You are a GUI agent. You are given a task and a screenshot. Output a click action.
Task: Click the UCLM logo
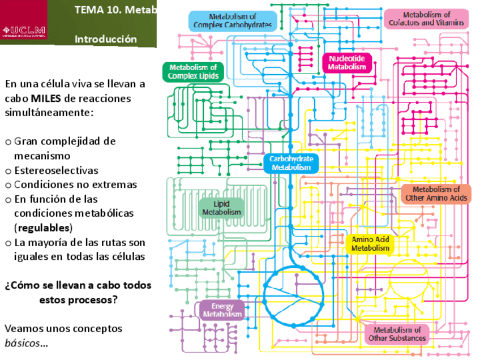pyautogui.click(x=24, y=31)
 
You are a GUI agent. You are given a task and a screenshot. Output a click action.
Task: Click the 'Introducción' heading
pyautogui.click(x=106, y=40)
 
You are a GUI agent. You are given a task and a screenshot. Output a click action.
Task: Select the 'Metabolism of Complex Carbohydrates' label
pyautogui.click(x=233, y=22)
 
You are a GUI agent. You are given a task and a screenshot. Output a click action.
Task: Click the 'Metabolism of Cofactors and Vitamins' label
pyautogui.click(x=427, y=19)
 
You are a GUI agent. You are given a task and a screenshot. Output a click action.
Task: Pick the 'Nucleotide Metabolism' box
pyautogui.click(x=347, y=62)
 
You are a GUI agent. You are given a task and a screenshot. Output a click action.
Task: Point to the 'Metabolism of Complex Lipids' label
pyautogui.click(x=193, y=71)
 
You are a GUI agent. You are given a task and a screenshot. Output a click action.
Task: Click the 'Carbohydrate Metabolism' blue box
pyautogui.click(x=291, y=163)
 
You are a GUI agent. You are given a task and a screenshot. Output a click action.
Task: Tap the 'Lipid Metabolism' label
pyautogui.click(x=221, y=208)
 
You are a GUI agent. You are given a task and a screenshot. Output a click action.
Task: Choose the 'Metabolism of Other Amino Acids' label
pyautogui.click(x=436, y=194)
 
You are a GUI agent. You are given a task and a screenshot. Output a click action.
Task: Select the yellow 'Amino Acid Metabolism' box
pyautogui.click(x=370, y=243)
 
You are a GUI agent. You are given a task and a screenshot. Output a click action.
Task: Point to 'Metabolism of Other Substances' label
pyautogui.click(x=397, y=334)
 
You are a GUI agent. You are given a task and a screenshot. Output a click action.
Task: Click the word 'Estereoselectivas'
pyautogui.click(x=56, y=170)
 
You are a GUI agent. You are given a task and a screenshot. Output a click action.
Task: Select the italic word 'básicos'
pyautogui.click(x=23, y=343)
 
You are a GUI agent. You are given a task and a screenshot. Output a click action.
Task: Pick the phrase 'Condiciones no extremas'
pyautogui.click(x=75, y=185)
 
